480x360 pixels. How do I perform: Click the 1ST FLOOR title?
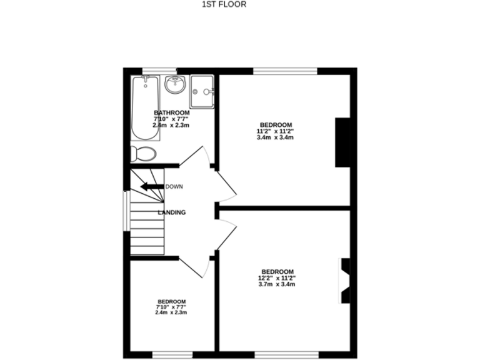pyautogui.click(x=224, y=4)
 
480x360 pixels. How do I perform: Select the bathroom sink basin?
pyautogui.click(x=174, y=84)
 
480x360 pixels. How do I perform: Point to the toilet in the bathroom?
pyautogui.click(x=143, y=154)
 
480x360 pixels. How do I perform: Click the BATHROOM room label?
pyautogui.click(x=171, y=112)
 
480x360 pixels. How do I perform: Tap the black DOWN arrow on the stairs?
pyautogui.click(x=151, y=186)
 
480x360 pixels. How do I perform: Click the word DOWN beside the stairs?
pyautogui.click(x=174, y=187)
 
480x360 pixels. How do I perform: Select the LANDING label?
pyautogui.click(x=171, y=212)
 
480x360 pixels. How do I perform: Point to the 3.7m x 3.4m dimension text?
pyautogui.click(x=276, y=284)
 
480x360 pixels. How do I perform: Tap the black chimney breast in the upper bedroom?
pyautogui.click(x=342, y=142)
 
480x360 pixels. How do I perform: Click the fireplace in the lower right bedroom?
pyautogui.click(x=344, y=281)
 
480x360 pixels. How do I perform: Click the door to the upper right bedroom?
pyautogui.click(x=226, y=184)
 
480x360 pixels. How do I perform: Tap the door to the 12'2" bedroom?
pyautogui.click(x=226, y=234)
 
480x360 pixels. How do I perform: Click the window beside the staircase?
pyautogui.click(x=126, y=211)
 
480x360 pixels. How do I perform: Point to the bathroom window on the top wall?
pyautogui.click(x=159, y=70)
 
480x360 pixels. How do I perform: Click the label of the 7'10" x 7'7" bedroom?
pyautogui.click(x=171, y=301)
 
